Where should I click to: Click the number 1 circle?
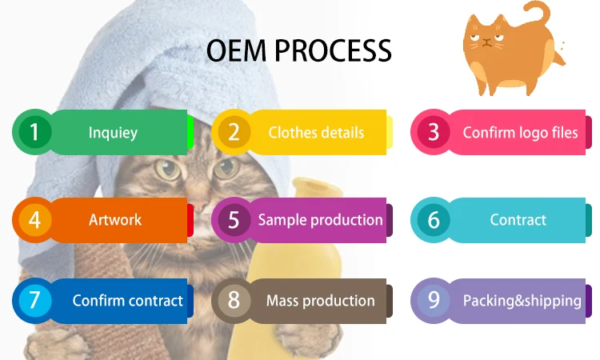(x=34, y=132)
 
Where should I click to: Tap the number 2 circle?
(x=234, y=132)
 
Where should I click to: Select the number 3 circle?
(x=433, y=132)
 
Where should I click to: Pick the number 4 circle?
(x=34, y=220)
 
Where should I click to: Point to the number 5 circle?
(x=234, y=220)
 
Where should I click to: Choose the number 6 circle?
(x=433, y=220)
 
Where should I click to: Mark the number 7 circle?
(x=34, y=301)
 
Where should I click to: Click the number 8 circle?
(x=234, y=301)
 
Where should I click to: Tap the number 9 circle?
(x=433, y=301)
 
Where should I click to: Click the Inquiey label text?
(x=112, y=133)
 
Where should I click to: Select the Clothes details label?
(x=316, y=133)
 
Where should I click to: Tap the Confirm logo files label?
(x=520, y=132)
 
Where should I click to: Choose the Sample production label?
(x=320, y=220)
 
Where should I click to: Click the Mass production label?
(x=320, y=301)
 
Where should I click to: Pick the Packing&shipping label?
(x=522, y=301)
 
